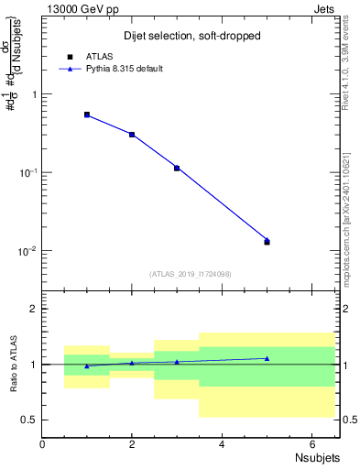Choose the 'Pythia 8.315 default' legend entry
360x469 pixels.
point(125,69)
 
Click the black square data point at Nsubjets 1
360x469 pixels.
point(87,115)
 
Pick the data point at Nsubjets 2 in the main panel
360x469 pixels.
point(132,135)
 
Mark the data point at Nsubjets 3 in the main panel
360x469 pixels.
point(177,168)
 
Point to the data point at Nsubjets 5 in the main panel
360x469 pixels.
point(267,241)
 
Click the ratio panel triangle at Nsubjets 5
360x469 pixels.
point(267,358)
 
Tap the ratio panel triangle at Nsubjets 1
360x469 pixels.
point(87,365)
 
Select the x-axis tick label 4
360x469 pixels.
point(222,444)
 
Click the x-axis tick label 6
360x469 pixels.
point(311,444)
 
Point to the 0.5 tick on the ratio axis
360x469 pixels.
point(29,420)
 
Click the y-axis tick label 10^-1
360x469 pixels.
point(27,172)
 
